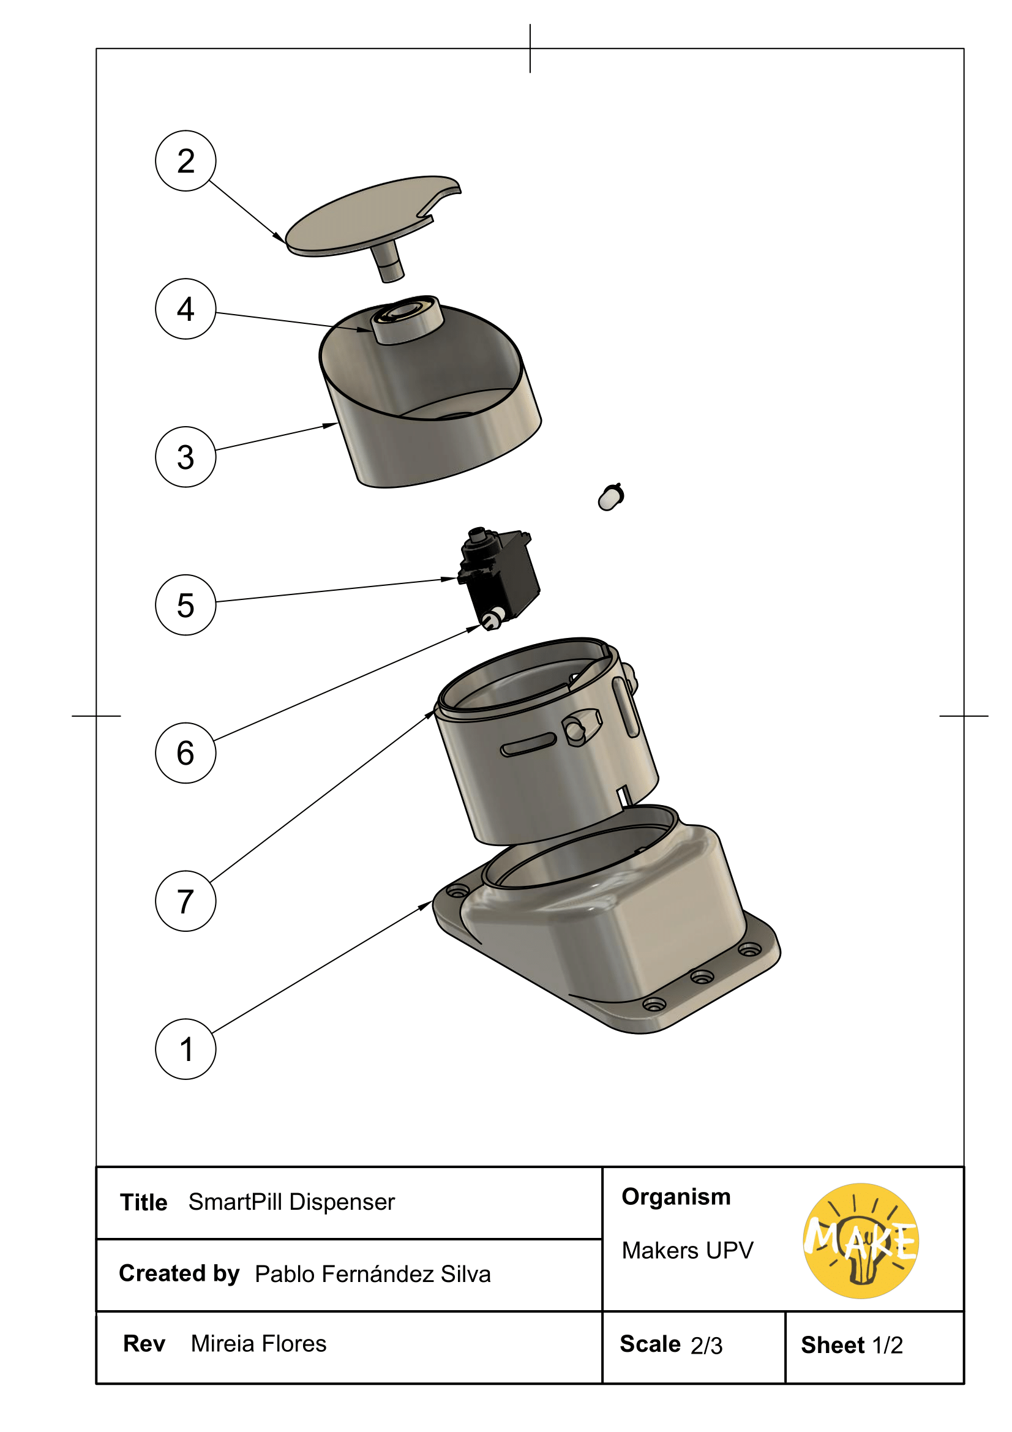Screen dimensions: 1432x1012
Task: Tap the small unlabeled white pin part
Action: (x=610, y=498)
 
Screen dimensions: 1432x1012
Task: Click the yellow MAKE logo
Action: (x=861, y=1240)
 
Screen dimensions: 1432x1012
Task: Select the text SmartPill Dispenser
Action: (x=291, y=1202)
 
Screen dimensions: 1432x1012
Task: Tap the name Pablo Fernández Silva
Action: (x=372, y=1273)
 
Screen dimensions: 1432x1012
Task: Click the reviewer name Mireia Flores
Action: (x=258, y=1343)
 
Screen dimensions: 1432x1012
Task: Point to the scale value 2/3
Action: (x=706, y=1345)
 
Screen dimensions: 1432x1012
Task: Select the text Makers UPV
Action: (x=687, y=1251)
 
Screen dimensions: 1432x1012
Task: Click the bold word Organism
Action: (x=676, y=1197)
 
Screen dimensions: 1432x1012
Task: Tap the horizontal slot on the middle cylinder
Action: (x=528, y=744)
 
